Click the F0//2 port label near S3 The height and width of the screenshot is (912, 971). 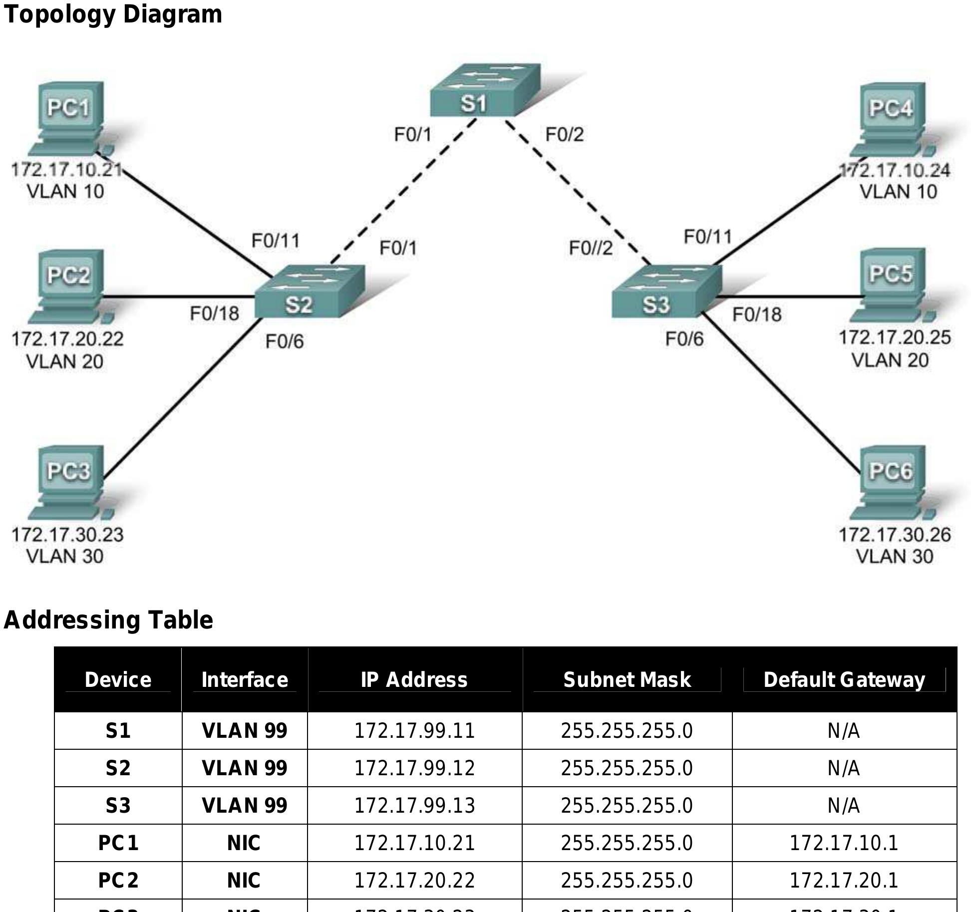[x=591, y=248]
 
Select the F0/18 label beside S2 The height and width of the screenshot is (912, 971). [x=214, y=314]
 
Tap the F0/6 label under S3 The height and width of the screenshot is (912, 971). [x=684, y=340]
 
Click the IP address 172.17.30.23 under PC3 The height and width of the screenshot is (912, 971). [x=67, y=535]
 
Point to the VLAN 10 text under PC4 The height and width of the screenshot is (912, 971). [x=898, y=192]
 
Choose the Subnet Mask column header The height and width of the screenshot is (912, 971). [x=627, y=680]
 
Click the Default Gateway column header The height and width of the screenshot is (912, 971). [x=844, y=680]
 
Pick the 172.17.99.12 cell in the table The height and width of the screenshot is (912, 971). [x=414, y=768]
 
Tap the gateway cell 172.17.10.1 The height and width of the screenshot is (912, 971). [x=844, y=843]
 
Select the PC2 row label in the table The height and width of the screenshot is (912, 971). [x=118, y=881]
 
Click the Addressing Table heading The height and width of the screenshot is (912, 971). [x=108, y=620]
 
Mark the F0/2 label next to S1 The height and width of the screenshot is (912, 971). [x=564, y=135]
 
